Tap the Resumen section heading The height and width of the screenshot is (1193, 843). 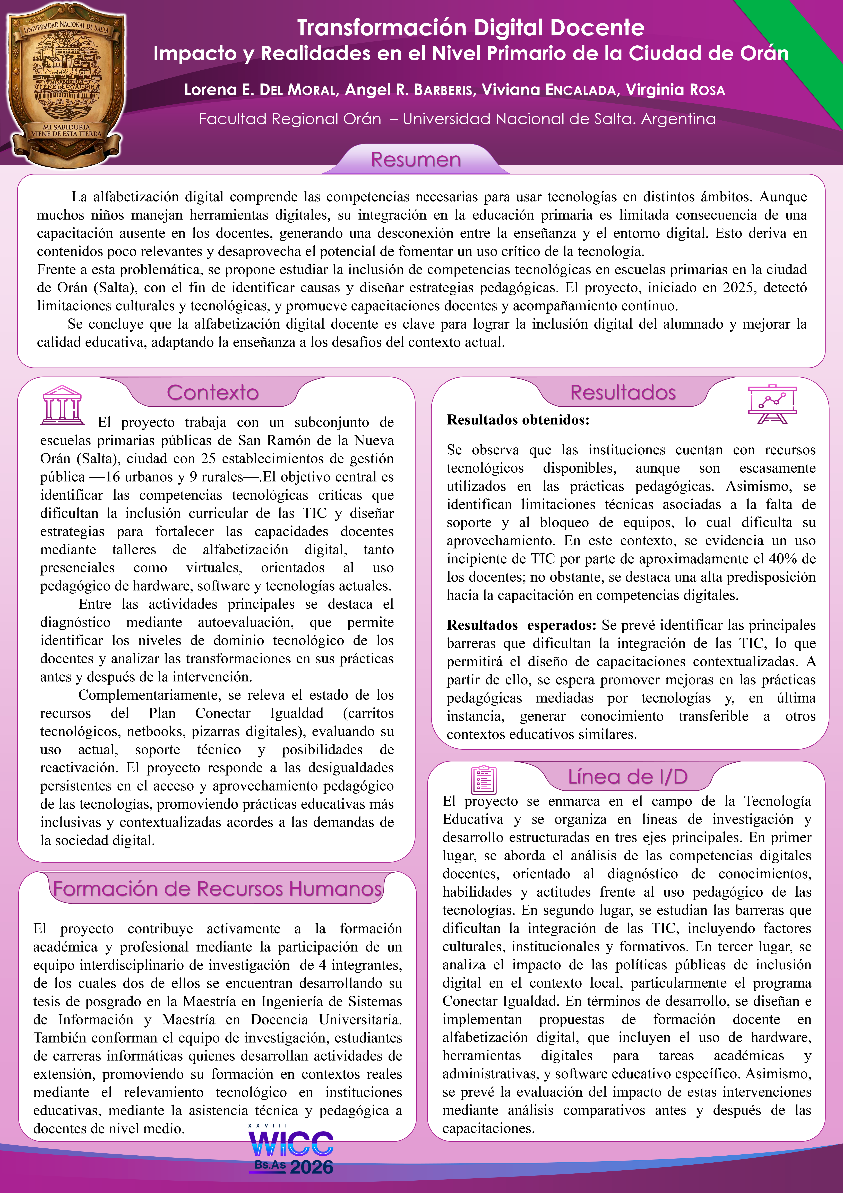coord(416,160)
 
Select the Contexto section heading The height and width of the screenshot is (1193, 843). coord(212,393)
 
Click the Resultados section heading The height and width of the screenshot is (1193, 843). coord(623,393)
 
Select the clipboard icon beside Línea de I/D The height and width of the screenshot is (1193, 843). coord(484,779)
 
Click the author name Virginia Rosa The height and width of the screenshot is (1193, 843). coord(675,90)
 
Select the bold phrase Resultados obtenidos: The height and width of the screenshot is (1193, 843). coord(518,420)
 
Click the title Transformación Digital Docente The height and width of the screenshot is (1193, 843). coord(471,28)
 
